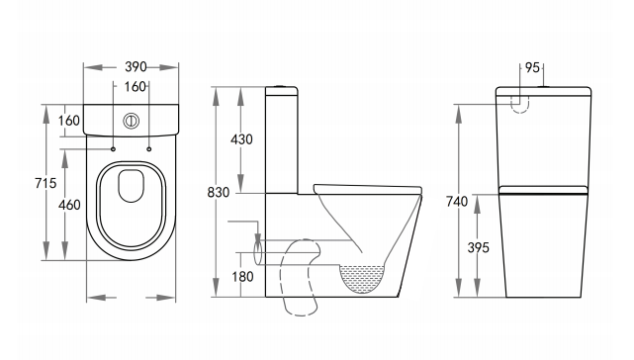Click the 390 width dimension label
[136, 66]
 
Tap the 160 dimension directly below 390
[136, 87]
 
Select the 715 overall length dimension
[45, 183]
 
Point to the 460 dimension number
[69, 205]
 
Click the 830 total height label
[219, 193]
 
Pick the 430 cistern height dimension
[241, 139]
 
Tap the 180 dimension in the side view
[242, 277]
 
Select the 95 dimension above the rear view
[532, 67]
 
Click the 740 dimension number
[457, 201]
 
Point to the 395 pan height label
[479, 247]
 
